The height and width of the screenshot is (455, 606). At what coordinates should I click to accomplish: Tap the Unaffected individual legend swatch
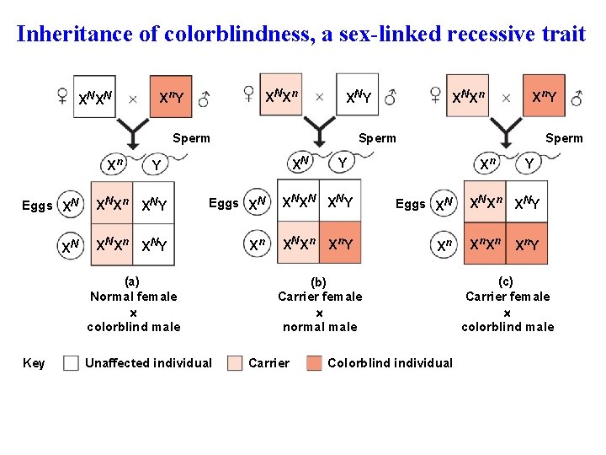[72, 363]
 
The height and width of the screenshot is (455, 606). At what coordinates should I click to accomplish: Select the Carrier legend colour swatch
[233, 363]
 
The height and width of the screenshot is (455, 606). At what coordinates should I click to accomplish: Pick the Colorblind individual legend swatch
[313, 363]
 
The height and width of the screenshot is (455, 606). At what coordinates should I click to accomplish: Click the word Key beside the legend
[34, 363]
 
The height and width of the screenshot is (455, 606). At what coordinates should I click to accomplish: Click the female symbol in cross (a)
[61, 97]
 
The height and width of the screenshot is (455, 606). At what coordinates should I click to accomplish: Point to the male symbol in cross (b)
[391, 97]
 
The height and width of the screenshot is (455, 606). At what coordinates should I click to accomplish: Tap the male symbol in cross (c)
[577, 97]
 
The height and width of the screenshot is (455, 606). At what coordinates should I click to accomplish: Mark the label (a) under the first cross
[132, 281]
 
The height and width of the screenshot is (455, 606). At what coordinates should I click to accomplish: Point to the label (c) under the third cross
[505, 281]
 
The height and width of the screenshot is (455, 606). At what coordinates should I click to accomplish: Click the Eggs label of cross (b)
[223, 203]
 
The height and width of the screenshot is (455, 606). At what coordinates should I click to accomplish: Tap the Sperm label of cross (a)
[191, 138]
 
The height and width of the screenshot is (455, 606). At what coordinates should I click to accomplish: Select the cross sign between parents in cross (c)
[506, 98]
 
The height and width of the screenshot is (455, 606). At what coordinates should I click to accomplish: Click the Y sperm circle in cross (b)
[341, 161]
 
